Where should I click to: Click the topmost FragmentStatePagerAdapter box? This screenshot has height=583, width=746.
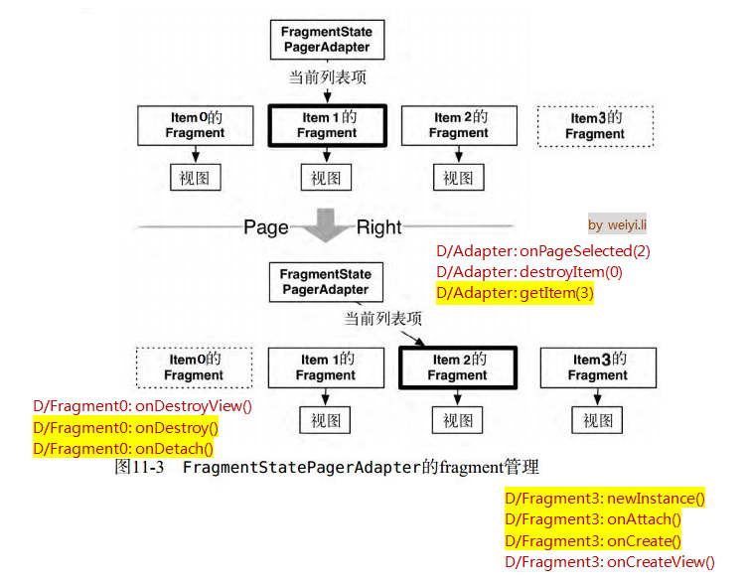[327, 39]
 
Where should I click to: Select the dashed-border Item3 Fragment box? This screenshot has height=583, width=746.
[596, 126]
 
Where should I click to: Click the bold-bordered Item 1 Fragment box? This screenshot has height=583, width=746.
[327, 125]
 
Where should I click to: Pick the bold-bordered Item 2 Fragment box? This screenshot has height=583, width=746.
[457, 367]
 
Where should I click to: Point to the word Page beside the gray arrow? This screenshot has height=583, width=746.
[266, 227]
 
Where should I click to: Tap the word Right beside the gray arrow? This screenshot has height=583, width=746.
[379, 227]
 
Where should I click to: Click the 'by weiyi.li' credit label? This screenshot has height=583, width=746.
[617, 225]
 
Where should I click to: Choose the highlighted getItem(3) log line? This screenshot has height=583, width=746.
[515, 293]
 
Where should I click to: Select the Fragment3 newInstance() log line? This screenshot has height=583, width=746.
[604, 499]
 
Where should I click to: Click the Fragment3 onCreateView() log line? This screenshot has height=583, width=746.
[609, 562]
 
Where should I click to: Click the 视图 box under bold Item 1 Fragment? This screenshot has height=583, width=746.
[326, 178]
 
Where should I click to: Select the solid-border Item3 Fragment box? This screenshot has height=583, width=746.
[598, 367]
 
